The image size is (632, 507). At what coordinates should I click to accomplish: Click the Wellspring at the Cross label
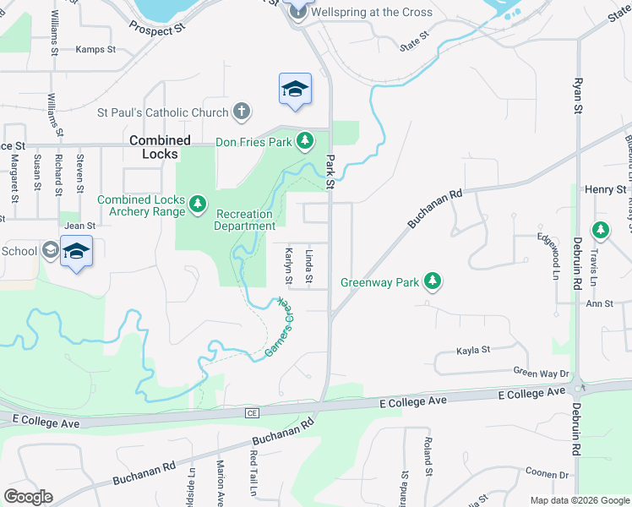pyautogui.click(x=372, y=13)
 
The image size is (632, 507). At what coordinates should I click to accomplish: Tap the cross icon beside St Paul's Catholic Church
pyautogui.click(x=242, y=112)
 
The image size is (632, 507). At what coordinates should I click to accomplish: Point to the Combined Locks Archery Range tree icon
pyautogui.click(x=198, y=204)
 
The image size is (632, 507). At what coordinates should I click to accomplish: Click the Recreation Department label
pyautogui.click(x=245, y=220)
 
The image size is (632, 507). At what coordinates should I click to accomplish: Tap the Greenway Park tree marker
pyautogui.click(x=433, y=281)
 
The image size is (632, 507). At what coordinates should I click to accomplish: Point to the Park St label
pyautogui.click(x=330, y=172)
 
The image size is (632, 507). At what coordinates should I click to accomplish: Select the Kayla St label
pyautogui.click(x=473, y=350)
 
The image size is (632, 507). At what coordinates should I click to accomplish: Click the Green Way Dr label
pyautogui.click(x=542, y=372)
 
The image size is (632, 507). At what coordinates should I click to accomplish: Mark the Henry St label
pyautogui.click(x=609, y=189)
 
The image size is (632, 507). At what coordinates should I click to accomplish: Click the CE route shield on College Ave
pyautogui.click(x=251, y=412)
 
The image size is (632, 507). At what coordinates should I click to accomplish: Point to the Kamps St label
pyautogui.click(x=95, y=50)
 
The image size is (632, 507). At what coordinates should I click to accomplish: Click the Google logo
pyautogui.click(x=28, y=497)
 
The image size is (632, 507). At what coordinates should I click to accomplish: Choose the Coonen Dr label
pyautogui.click(x=547, y=473)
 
